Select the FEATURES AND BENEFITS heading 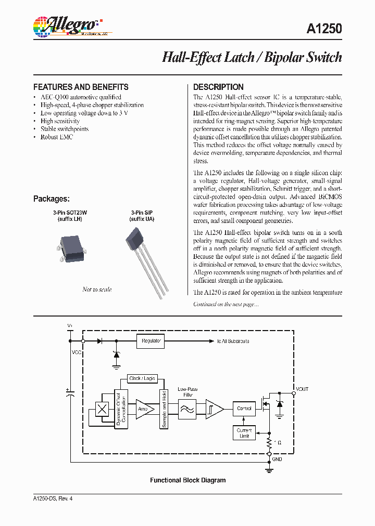tap(81, 87)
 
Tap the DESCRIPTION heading tap(218, 87)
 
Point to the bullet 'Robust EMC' tap(57, 137)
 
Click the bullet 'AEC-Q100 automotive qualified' tap(81, 97)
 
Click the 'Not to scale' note tap(97, 290)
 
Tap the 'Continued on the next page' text tap(226, 304)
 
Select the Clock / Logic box tap(142, 379)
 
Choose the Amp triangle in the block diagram tap(144, 409)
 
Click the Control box tap(244, 409)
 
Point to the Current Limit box tap(244, 433)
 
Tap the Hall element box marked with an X tap(103, 409)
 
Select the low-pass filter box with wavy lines tap(186, 409)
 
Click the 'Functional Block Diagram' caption tap(187, 480)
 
